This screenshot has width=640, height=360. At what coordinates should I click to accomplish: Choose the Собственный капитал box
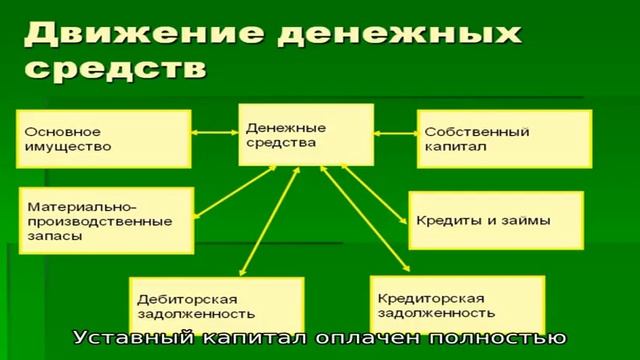[x=504, y=138]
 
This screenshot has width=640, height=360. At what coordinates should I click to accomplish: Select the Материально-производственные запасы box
[x=104, y=220]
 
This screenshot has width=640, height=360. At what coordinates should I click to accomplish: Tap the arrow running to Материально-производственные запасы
[x=235, y=189]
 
